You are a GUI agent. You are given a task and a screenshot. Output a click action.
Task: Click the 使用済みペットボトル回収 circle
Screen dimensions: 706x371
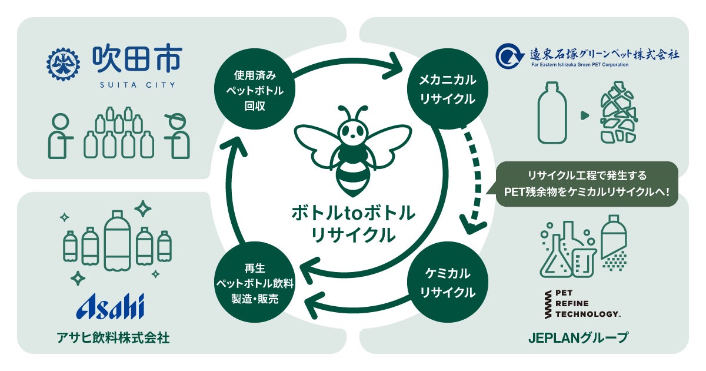coord(249,92)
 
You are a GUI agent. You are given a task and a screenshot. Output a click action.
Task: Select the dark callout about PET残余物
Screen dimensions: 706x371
coord(587,184)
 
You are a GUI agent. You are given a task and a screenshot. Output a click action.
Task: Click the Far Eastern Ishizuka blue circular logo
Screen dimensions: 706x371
coord(508,56)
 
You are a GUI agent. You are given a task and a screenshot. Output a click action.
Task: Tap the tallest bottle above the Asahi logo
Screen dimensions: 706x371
coord(118,239)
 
